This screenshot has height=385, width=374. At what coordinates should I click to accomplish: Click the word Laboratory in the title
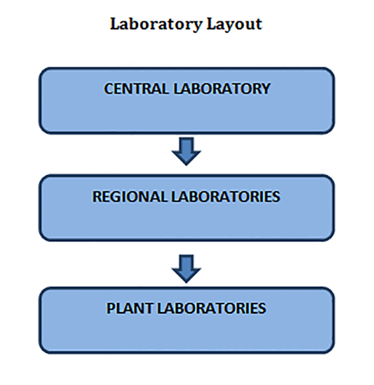(156, 25)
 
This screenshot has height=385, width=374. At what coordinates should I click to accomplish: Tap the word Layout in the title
(235, 25)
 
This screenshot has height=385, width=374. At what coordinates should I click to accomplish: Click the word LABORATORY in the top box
(222, 89)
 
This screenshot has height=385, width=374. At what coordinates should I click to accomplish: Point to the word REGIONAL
(130, 197)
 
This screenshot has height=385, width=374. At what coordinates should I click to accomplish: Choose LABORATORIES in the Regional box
(225, 197)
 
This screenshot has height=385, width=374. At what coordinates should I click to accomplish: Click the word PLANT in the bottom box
(130, 308)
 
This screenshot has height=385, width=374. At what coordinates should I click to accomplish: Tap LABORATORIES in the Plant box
(212, 308)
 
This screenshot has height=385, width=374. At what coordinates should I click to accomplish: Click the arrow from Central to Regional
(186, 151)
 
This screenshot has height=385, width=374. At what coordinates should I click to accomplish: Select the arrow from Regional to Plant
(186, 268)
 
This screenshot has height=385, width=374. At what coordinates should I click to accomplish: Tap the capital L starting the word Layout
(212, 24)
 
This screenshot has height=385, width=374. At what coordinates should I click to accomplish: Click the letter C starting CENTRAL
(109, 89)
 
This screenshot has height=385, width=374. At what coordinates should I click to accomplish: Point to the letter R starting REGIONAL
(97, 197)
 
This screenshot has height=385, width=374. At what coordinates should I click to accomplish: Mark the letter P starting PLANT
(110, 308)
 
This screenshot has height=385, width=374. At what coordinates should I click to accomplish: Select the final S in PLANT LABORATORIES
(262, 308)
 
